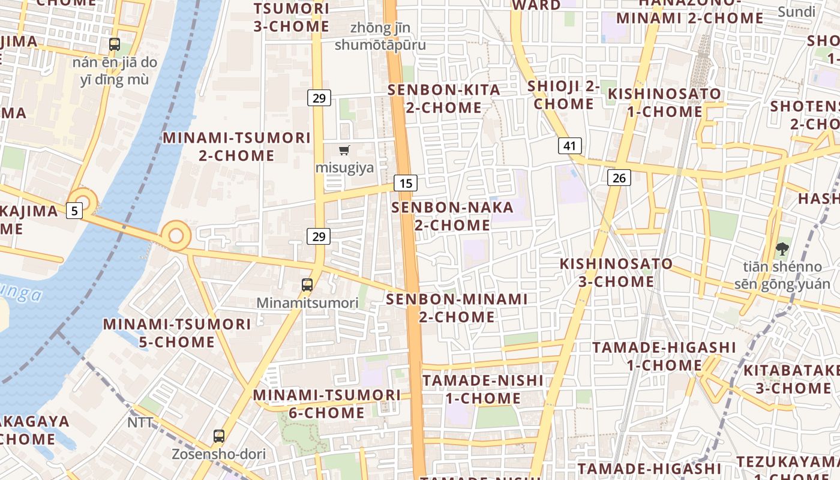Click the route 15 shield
pos(406,183)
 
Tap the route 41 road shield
pos(569,145)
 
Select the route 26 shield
pos(619,178)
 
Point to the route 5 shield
pos(74,211)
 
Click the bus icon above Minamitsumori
pos(307,284)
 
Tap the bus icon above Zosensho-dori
pos(219,436)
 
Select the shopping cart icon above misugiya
pos(344,150)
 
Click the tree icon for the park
pos(782,248)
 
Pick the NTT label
pos(140,422)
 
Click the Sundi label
pos(797,11)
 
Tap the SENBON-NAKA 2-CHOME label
pos(452,217)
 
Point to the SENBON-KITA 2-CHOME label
pos(444,99)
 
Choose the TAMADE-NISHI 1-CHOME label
pos(483,389)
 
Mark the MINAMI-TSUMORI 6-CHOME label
pos(326,404)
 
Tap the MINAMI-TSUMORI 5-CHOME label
pos(177,333)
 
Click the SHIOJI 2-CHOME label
pos(564,95)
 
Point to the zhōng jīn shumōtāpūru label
pos(380,36)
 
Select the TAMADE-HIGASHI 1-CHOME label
pos(664,356)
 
